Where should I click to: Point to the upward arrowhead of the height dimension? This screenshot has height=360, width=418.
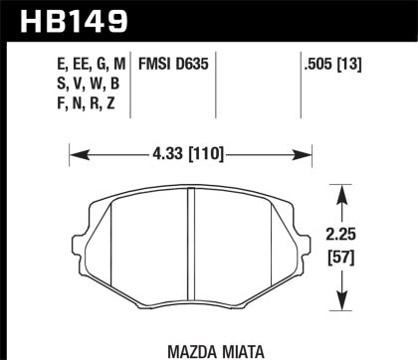(343, 186)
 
